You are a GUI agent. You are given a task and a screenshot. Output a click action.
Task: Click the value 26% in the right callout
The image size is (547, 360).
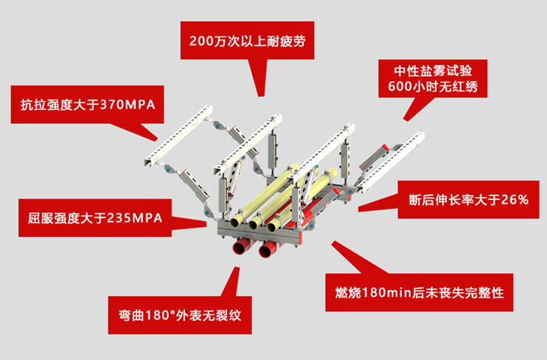[513, 198]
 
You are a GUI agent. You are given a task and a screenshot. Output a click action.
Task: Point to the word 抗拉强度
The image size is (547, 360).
[49, 103]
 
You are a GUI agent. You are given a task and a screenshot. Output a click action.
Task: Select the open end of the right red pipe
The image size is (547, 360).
[266, 252]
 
